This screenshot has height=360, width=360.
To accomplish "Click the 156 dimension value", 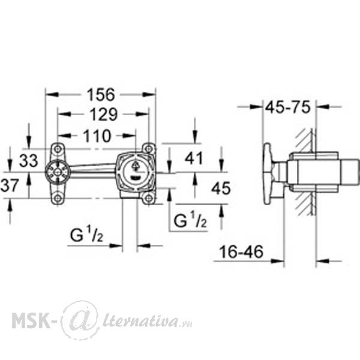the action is tap(101, 94).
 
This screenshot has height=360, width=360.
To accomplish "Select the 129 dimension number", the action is tap(104, 115).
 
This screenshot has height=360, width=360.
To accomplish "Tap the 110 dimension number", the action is tap(97, 136).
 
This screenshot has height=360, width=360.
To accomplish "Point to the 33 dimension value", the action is tap(28, 160).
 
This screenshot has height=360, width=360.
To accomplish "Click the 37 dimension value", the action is tap(9, 185).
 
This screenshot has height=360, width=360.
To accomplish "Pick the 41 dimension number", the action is tap(194, 158).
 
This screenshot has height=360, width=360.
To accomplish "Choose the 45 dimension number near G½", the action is tap(221, 188).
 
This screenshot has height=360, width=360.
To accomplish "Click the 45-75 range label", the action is tap(287, 107).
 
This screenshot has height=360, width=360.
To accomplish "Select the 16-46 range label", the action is tap(241, 252).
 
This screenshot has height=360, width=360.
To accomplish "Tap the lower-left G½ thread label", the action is tap(86, 235).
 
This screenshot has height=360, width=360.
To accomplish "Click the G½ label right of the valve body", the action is tap(190, 220).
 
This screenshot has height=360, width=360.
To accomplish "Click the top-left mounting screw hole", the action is tap(58, 149).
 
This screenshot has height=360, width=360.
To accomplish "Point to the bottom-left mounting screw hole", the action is tap(58, 197).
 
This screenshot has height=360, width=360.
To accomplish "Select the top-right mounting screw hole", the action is tap(149, 149).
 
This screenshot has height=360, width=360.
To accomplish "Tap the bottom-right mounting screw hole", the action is tap(149, 197).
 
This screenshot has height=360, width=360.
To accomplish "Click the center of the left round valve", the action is tap(57, 172).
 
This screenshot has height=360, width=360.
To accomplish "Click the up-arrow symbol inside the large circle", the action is tap(136, 166).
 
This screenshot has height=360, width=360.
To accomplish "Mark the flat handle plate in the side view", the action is tap(267, 173).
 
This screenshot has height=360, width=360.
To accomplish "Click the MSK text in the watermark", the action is tap(31, 320).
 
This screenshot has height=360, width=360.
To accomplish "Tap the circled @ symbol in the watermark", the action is tap(79, 319).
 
